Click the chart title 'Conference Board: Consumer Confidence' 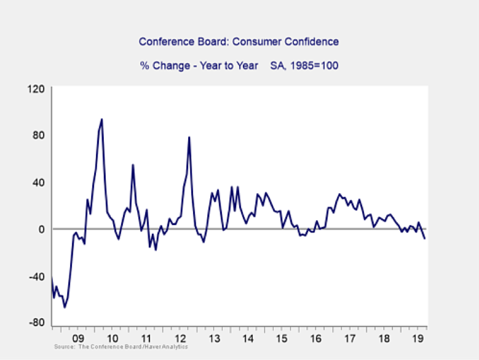pos(239,42)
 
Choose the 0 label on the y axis pos(42,229)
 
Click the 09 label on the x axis pos(78,338)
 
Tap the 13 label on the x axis pos(214,338)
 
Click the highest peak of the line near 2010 pos(101,119)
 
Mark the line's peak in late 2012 pos(189,137)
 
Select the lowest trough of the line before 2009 pos(65,307)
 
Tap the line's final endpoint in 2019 pos(424,238)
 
